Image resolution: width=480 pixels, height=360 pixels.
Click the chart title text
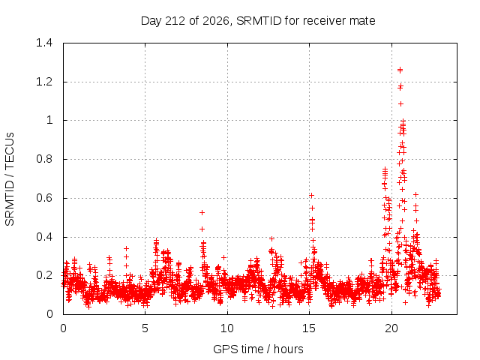pos(258,21)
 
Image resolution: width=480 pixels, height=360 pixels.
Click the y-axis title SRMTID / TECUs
pos(10,179)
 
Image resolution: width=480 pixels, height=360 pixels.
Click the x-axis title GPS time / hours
pos(258,349)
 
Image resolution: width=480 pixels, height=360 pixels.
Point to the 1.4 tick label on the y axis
pos(44,43)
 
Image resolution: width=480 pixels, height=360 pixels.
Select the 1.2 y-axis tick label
pos(44,82)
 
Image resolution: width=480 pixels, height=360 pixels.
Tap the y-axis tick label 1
pos(49,120)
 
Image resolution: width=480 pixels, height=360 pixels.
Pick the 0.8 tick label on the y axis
pos(44,159)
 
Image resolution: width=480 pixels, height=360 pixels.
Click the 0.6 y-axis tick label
pos(44,198)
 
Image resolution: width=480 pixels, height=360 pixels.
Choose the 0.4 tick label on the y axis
pos(44,237)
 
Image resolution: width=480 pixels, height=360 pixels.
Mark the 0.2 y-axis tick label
pos(44,275)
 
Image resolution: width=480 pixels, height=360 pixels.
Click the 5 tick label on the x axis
pos(145,328)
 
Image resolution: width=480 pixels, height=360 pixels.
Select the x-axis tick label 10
pos(227,328)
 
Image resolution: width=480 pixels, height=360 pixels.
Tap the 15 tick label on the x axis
pos(309,328)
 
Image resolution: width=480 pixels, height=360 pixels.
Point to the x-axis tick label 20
pos(391,328)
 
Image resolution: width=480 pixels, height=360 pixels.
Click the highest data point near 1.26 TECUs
pos(400,70)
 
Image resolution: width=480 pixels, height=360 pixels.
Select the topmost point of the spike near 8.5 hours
pos(202,212)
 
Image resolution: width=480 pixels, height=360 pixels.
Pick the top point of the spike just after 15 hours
pos(312,195)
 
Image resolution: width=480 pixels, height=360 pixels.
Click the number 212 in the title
pos(175,21)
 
